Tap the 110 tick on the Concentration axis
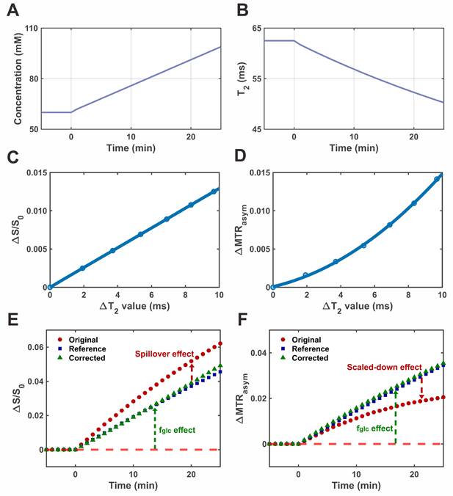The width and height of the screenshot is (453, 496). (x=29, y=28)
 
